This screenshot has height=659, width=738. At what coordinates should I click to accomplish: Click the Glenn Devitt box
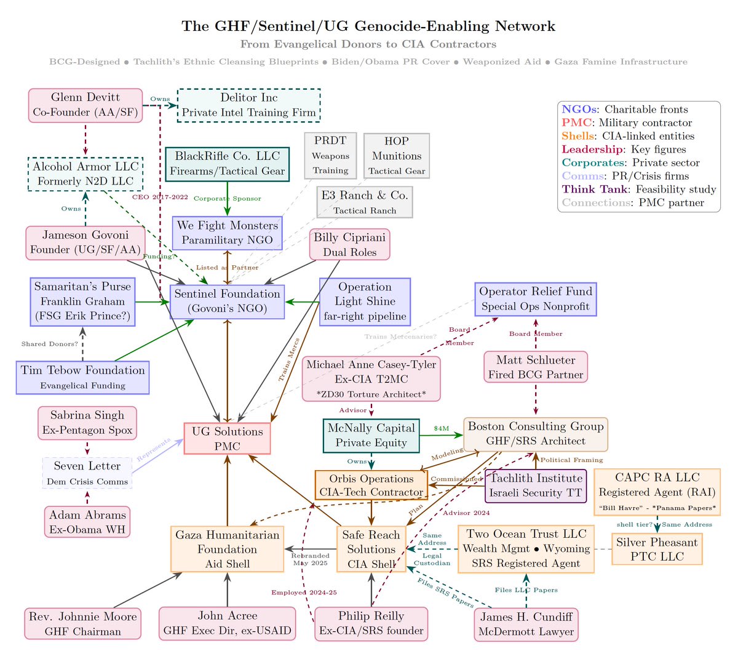[x=85, y=105]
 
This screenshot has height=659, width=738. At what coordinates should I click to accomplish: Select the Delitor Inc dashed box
[x=248, y=105]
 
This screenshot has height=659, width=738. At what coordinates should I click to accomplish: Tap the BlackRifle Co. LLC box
[x=228, y=164]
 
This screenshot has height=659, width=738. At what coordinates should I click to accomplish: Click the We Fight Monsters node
[x=228, y=233]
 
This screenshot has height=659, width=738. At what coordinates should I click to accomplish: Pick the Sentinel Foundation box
[x=228, y=302]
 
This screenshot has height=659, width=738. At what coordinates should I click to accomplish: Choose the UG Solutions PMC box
[x=228, y=439]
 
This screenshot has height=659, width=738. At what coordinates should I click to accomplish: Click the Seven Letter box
[x=87, y=473]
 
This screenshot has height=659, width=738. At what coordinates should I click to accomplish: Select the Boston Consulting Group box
[x=536, y=434]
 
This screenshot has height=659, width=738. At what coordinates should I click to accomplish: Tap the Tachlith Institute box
[x=536, y=485]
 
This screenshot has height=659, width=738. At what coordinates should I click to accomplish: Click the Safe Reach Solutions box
[x=371, y=549]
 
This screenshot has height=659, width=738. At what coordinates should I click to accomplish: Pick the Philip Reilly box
[x=371, y=623]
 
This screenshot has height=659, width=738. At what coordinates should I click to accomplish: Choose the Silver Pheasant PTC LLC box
[x=657, y=549]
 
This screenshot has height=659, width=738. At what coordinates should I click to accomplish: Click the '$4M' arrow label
[x=442, y=428]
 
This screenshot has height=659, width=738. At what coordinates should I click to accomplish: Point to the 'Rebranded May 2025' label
[x=311, y=559]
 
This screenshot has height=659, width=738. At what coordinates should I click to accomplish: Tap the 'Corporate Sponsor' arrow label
[x=228, y=199]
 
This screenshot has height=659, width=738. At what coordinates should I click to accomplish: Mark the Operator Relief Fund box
[x=536, y=299]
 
